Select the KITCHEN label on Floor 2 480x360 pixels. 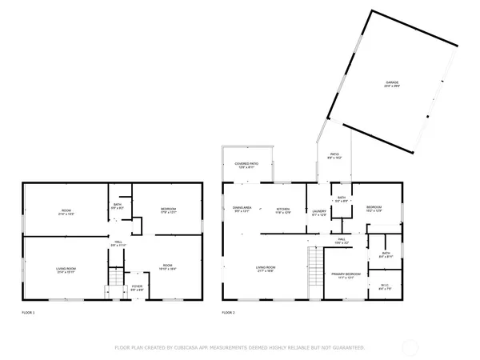(283, 210)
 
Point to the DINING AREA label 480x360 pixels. (242, 210)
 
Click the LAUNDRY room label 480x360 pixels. (318, 212)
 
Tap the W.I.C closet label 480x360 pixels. (385, 285)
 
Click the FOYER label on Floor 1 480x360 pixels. (138, 286)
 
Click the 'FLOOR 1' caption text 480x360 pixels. (28, 312)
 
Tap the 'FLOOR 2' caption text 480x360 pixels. (228, 312)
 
